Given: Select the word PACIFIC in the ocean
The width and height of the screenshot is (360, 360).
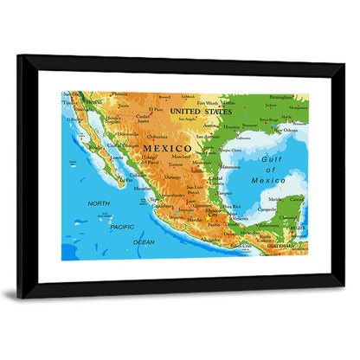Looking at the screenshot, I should coord(121,226).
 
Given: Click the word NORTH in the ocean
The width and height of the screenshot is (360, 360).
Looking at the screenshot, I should coord(99,203).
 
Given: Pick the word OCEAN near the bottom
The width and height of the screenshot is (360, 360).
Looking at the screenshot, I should coord(144,242).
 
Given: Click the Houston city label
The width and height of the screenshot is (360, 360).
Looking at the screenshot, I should coord(231,127).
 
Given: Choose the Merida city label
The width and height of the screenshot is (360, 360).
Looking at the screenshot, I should coord(276,198).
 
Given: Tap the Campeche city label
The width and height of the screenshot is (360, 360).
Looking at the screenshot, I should coord(268,209).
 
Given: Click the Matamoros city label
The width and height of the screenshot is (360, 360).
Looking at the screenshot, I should coord(229,166).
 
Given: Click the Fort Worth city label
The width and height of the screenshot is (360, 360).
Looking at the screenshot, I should coord(208,103).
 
